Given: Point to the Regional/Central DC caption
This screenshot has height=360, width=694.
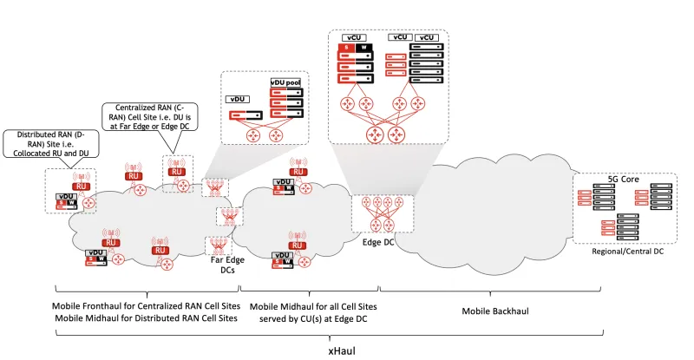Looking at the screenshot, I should (625, 250).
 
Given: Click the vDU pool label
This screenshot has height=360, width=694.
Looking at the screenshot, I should (285, 82).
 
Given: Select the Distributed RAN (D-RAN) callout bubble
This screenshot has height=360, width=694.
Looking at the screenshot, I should (51, 143).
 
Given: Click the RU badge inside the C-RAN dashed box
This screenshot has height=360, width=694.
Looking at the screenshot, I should (177, 172).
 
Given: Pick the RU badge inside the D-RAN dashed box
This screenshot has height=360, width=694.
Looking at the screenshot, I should (81, 186).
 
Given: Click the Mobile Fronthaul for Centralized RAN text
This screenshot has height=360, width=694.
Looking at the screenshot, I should (145, 306).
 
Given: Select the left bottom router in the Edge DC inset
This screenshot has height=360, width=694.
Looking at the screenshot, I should (376, 134).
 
